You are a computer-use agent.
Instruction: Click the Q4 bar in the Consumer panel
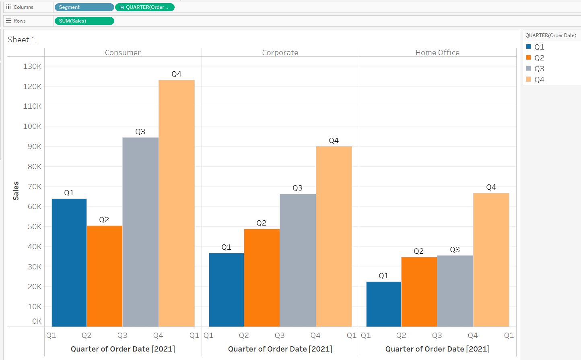[177, 203]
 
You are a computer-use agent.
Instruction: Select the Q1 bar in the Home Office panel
[383, 304]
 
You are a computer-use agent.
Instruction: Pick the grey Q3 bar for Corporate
[298, 260]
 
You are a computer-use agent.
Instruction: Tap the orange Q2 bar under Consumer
[105, 276]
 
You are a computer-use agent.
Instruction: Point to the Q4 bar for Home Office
[491, 260]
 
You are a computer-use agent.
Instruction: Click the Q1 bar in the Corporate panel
[227, 290]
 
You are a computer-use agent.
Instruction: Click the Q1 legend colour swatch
[529, 47]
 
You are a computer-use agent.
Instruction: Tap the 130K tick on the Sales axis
[32, 66]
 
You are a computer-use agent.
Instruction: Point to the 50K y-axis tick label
[34, 227]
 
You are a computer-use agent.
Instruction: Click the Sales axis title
[16, 191]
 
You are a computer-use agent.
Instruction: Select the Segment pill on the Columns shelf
[84, 7]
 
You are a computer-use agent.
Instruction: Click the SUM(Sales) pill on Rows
[84, 21]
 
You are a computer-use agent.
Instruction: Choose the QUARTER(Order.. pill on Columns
[145, 7]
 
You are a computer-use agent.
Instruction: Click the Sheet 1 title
[22, 39]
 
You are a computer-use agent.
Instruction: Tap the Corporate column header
[280, 53]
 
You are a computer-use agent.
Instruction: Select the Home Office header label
[437, 53]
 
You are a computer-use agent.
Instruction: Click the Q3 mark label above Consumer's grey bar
[140, 132]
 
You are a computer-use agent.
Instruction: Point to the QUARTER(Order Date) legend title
[551, 35]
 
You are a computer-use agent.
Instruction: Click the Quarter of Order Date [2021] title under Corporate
[280, 349]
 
